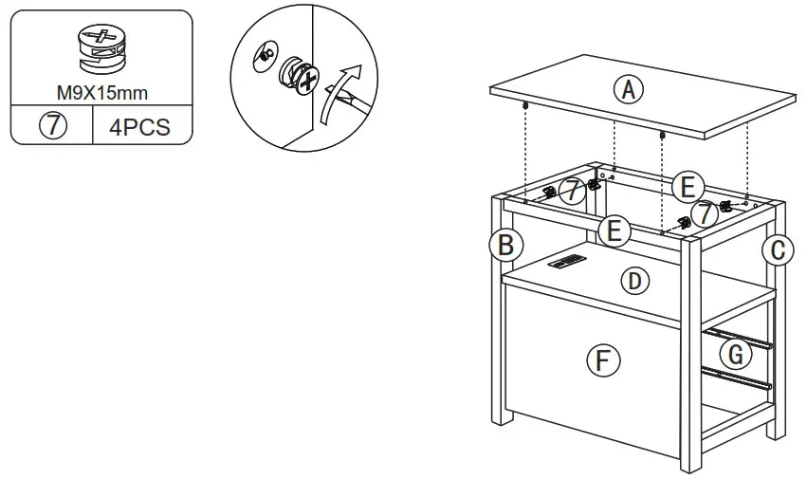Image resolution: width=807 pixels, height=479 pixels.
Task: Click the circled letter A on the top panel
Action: tap(627, 90)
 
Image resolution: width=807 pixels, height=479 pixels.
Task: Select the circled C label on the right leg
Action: tap(778, 249)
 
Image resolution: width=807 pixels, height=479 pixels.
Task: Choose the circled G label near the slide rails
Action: tap(735, 355)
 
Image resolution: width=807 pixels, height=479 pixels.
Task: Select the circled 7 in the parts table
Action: tap(52, 127)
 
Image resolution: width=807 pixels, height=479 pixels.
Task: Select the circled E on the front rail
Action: tap(614, 230)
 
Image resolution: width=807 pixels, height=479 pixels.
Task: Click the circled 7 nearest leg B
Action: tap(570, 192)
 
